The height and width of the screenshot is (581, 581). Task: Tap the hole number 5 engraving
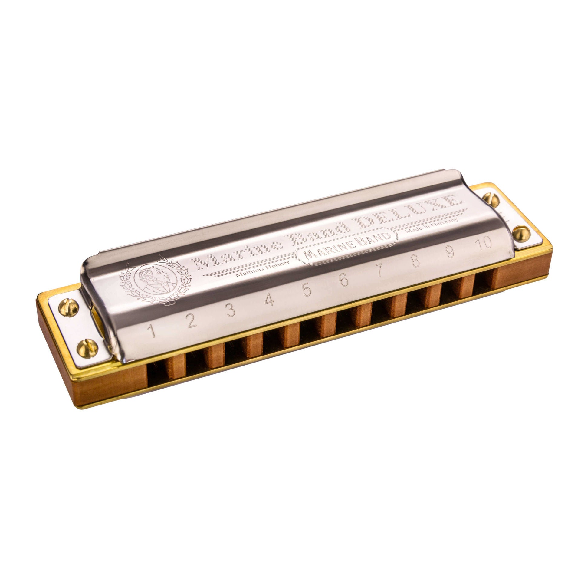pos(307,290)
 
